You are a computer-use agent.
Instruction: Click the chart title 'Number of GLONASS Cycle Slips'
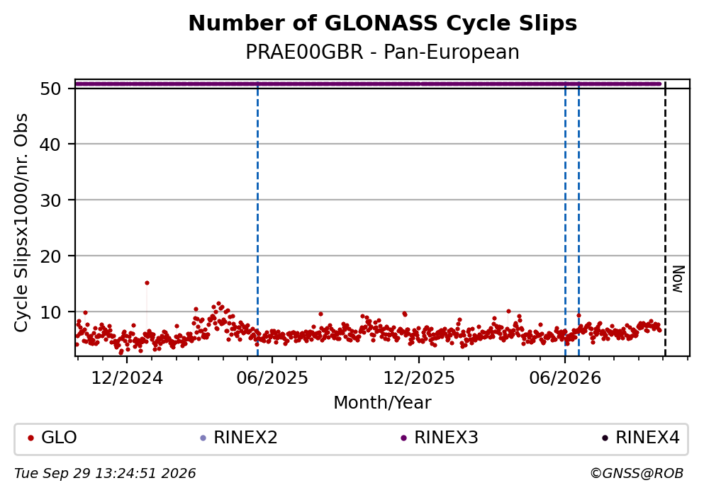click(383, 23)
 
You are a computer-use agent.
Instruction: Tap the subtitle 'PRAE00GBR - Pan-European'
click(383, 52)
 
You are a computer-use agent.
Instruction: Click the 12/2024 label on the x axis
click(127, 378)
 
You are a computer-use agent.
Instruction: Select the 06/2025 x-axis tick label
click(272, 378)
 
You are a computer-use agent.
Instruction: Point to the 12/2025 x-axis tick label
click(419, 378)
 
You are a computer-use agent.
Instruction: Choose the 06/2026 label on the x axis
click(565, 378)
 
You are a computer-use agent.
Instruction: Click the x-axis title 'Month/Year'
click(383, 403)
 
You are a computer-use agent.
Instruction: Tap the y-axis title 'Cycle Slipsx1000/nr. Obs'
click(21, 223)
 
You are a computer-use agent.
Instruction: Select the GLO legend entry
click(52, 438)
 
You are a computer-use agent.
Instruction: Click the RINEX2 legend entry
click(239, 438)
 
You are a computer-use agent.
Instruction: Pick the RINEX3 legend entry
click(440, 438)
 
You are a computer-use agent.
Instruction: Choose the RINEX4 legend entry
click(641, 438)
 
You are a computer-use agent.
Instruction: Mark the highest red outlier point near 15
click(147, 283)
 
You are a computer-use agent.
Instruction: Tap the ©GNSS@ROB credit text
click(637, 474)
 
